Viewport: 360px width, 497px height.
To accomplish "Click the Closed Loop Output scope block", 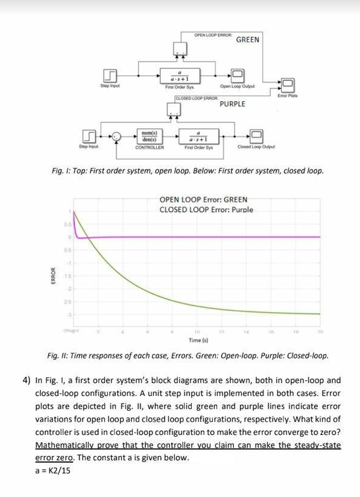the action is point(256,136).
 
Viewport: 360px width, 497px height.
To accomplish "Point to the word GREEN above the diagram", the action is point(247,40).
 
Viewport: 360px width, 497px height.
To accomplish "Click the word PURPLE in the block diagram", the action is point(232,104).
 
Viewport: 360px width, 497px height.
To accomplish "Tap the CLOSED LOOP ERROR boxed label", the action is point(196,98).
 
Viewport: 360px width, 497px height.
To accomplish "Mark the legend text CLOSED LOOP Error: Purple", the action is point(206,210).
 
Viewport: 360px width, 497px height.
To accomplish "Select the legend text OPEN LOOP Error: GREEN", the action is point(203,199).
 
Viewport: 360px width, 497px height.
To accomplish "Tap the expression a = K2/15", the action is point(52,470).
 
